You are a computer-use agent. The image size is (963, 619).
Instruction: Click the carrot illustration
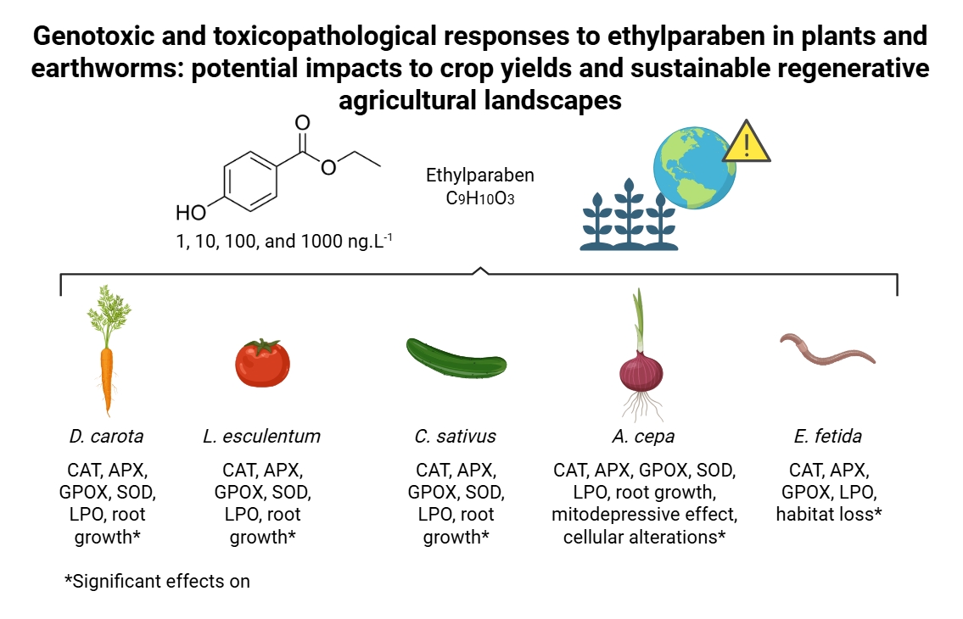107,373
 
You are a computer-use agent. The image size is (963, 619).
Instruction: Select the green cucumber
456,359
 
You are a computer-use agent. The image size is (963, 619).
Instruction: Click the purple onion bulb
641,372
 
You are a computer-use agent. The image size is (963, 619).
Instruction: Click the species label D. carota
106,437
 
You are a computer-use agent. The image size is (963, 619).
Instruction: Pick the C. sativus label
456,437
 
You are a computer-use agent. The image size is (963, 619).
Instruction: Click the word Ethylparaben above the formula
479,176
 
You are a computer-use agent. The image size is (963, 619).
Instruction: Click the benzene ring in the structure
251,178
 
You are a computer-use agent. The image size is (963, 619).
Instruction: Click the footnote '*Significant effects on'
158,582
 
